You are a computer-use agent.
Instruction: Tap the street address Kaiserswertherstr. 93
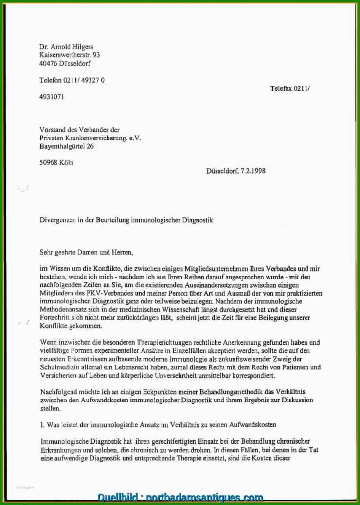(x=70, y=55)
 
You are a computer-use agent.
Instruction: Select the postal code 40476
(x=48, y=63)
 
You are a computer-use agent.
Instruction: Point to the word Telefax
(x=281, y=88)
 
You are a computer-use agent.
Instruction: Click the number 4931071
(x=51, y=97)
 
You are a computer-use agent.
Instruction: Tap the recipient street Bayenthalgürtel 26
(x=67, y=146)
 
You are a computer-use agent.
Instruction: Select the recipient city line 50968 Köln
(x=56, y=163)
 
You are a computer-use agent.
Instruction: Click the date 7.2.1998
(x=253, y=171)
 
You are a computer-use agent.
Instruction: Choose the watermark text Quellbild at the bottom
(x=117, y=497)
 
